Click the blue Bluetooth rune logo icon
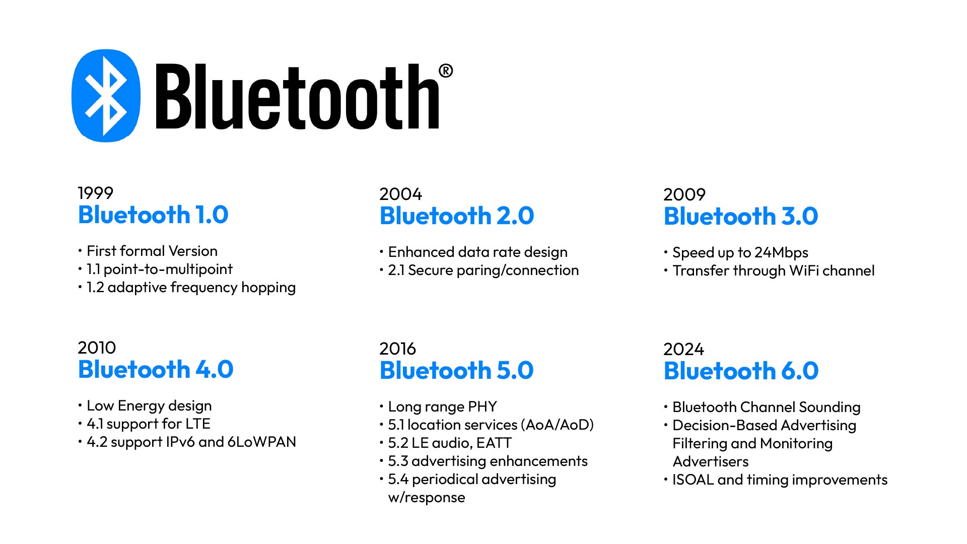[x=106, y=95]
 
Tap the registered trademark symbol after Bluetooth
[x=445, y=71]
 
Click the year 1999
[x=95, y=193]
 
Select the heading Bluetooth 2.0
[x=456, y=216]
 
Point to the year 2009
[x=684, y=194]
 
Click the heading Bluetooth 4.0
[x=156, y=370]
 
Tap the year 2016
[x=397, y=349]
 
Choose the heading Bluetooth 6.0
[x=741, y=371]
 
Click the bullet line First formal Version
[x=152, y=251]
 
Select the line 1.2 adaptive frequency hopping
[x=191, y=287]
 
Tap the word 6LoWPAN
[x=261, y=442]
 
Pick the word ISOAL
[x=693, y=480]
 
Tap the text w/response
[x=427, y=497]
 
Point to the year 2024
[x=683, y=349]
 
